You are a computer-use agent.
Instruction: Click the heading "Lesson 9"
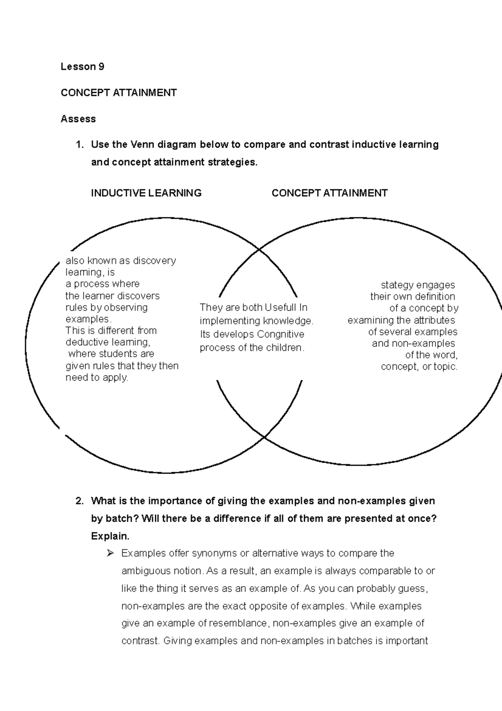tap(82, 67)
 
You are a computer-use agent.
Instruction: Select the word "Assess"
tap(78, 119)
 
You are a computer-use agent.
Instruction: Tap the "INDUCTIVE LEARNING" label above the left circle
tap(146, 193)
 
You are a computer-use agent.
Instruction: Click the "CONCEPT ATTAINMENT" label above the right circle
tap(329, 193)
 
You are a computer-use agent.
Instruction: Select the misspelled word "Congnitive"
tap(281, 335)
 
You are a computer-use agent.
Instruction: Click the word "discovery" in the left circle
tap(156, 261)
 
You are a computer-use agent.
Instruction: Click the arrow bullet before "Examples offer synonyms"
tap(110, 554)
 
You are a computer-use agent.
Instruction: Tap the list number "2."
tap(79, 501)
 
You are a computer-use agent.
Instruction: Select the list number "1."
tap(79, 145)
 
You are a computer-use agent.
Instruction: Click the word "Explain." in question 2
tap(110, 536)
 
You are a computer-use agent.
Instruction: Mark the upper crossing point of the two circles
tap(260, 250)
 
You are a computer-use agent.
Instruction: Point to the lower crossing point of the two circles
tap(264, 437)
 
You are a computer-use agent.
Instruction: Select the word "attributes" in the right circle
tap(434, 320)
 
